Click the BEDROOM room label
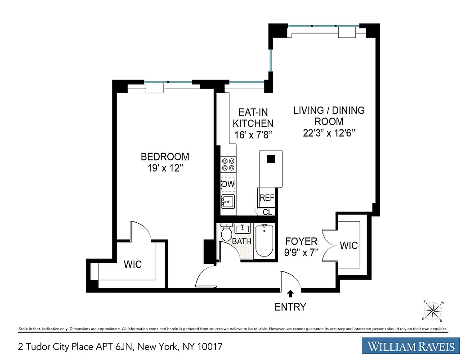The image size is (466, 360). pos(165,157)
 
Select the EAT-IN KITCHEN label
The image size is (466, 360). pos(253,117)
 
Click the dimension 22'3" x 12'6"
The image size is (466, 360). pos(329,133)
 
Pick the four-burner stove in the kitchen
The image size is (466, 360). pos(228,165)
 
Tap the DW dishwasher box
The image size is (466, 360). pos(228,184)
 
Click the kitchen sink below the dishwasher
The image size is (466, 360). pos(228,202)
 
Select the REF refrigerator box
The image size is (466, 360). pos(266,197)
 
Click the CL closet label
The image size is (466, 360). pos(268,212)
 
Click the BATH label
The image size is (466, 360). pos(242,242)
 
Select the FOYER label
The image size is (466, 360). pos(301,242)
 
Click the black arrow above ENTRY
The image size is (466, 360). pos(291,293)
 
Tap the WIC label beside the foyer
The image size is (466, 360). pos(349,245)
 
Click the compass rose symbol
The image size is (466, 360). pos(433,311)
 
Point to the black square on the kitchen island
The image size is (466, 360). pos(271,158)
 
